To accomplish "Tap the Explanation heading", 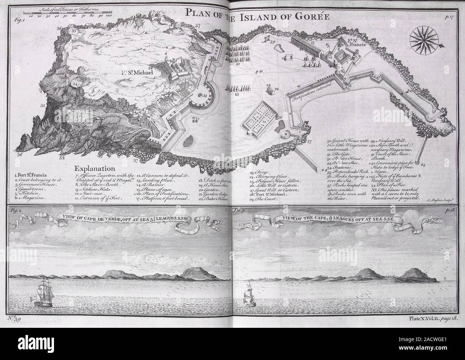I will click(94, 168).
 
